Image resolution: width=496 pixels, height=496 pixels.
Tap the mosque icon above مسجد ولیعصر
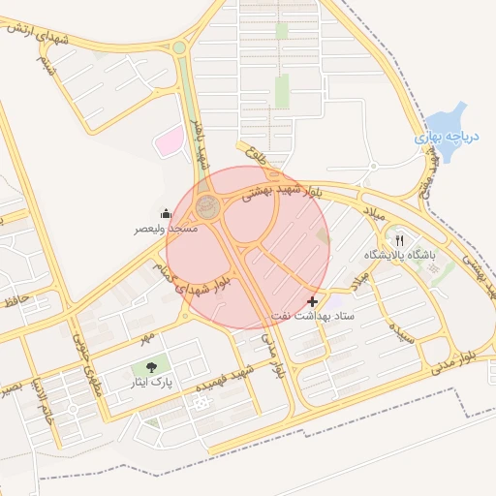click(166, 213)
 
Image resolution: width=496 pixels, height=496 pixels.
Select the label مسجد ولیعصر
click(166, 229)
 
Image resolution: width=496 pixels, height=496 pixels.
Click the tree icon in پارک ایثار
click(152, 367)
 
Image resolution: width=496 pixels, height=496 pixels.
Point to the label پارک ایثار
click(152, 383)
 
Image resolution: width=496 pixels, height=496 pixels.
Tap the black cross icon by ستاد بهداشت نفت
click(312, 302)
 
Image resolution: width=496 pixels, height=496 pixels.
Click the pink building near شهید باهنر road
click(169, 141)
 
